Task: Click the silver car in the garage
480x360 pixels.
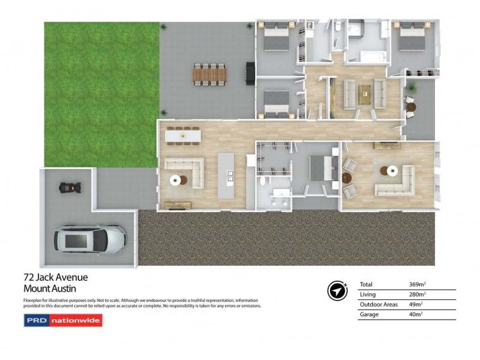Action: [91, 239]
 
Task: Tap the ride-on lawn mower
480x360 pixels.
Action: [71, 188]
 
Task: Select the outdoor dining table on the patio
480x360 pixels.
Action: [210, 74]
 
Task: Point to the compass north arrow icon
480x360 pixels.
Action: [337, 290]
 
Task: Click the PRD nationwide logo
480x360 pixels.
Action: [63, 320]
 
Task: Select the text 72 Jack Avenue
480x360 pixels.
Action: [55, 277]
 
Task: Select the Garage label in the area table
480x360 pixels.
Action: [369, 314]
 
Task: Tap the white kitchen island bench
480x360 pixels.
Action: [226, 176]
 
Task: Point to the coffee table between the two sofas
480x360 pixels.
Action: [364, 94]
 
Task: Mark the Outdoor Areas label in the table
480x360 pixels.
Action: [379, 304]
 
